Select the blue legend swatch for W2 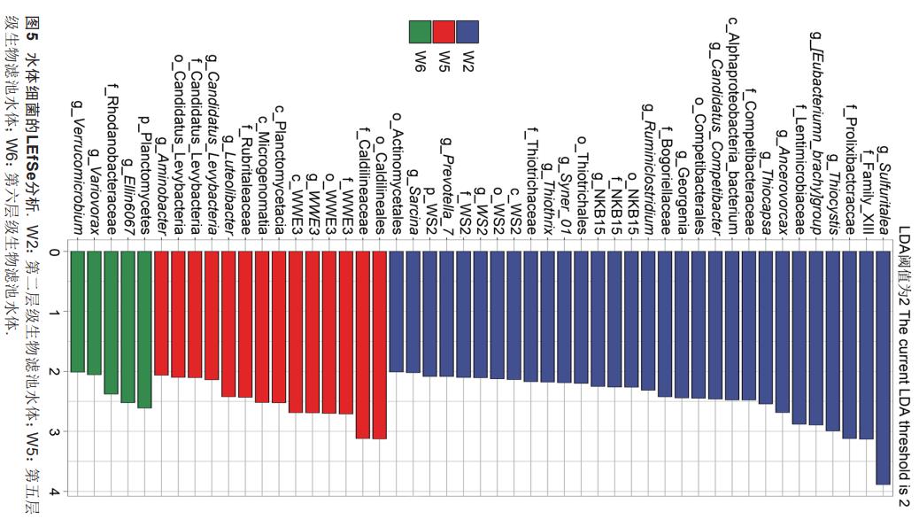tap(467, 32)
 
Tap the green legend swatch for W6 tap(421, 32)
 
